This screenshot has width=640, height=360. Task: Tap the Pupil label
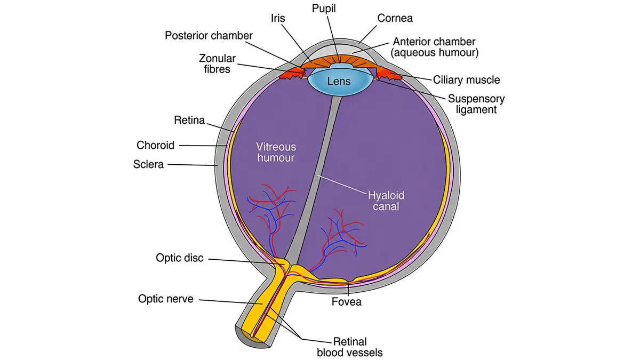pyautogui.click(x=324, y=9)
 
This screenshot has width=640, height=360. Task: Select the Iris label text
pyautogui.click(x=278, y=18)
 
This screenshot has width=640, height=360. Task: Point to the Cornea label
pyautogui.click(x=395, y=18)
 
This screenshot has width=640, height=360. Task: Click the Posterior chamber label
pyautogui.click(x=209, y=36)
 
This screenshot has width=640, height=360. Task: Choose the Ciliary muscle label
pyautogui.click(x=466, y=79)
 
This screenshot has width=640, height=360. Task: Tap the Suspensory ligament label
pyautogui.click(x=476, y=104)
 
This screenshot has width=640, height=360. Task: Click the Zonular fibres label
pyautogui.click(x=217, y=63)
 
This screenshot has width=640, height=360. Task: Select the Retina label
pyautogui.click(x=189, y=120)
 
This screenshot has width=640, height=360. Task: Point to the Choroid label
pyautogui.click(x=155, y=145)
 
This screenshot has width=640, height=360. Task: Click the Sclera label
pyautogui.click(x=148, y=164)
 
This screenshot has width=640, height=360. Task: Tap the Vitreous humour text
pyautogui.click(x=276, y=153)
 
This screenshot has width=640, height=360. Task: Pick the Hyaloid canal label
pyautogui.click(x=386, y=201)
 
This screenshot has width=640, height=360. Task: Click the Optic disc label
pyautogui.click(x=179, y=258)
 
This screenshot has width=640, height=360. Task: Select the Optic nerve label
pyautogui.click(x=166, y=299)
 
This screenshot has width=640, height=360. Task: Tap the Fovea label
pyautogui.click(x=346, y=302)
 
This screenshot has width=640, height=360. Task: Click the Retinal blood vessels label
pyautogui.click(x=350, y=347)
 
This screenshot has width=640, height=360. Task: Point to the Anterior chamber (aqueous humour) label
pyautogui.click(x=434, y=47)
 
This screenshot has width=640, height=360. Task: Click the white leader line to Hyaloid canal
pyautogui.click(x=342, y=185)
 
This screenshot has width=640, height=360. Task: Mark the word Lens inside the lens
pyautogui.click(x=339, y=82)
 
